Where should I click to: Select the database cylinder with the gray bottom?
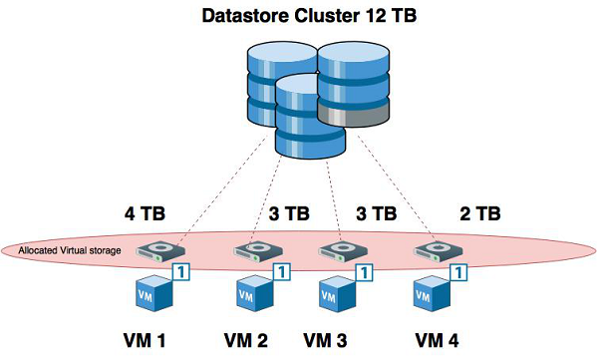pyautogui.click(x=354, y=89)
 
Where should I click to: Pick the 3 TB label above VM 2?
pyautogui.click(x=289, y=214)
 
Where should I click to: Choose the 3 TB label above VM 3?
pyautogui.click(x=376, y=214)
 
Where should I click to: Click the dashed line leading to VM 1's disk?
pyautogui.click(x=219, y=194)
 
